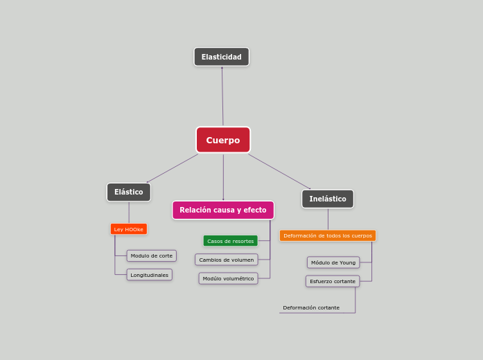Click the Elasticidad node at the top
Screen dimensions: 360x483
[x=222, y=57]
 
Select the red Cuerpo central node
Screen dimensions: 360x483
[x=223, y=140]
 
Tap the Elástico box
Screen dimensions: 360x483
[x=129, y=192]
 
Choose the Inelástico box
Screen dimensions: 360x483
[x=328, y=199]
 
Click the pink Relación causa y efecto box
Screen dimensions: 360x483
[x=223, y=210]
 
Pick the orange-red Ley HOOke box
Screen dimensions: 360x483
[x=129, y=229]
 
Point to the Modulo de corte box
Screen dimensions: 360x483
[x=152, y=255]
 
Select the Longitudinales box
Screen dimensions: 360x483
[x=150, y=275]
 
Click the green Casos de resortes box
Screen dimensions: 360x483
[x=231, y=241]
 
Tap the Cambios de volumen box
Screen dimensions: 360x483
[x=227, y=260]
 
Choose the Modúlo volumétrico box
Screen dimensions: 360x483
[x=229, y=278]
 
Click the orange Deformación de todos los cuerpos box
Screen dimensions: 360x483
[x=328, y=235]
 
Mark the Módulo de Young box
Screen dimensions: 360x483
[x=333, y=262]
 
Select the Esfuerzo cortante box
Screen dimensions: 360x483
[x=333, y=281]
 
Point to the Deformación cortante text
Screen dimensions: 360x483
[x=311, y=307]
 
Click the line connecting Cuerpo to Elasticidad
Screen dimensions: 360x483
[x=222, y=97]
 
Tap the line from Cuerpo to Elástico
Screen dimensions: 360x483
[x=172, y=168]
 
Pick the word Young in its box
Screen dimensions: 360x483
[x=347, y=262]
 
